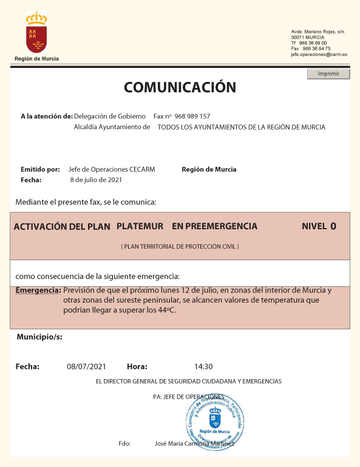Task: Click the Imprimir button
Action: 328,74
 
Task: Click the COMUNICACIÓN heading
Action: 180,87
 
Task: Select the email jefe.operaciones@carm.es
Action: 319,55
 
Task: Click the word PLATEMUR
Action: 140,226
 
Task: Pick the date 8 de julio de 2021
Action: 96,180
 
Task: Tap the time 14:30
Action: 203,366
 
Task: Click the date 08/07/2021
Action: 86,366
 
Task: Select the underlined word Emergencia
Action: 38,291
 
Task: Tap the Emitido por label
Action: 40,169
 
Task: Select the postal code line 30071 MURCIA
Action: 308,38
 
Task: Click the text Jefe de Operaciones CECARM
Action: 112,169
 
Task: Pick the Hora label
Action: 137,366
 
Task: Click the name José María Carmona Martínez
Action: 195,444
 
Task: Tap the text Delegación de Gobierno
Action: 110,116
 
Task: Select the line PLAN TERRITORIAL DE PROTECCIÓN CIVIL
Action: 180,247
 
